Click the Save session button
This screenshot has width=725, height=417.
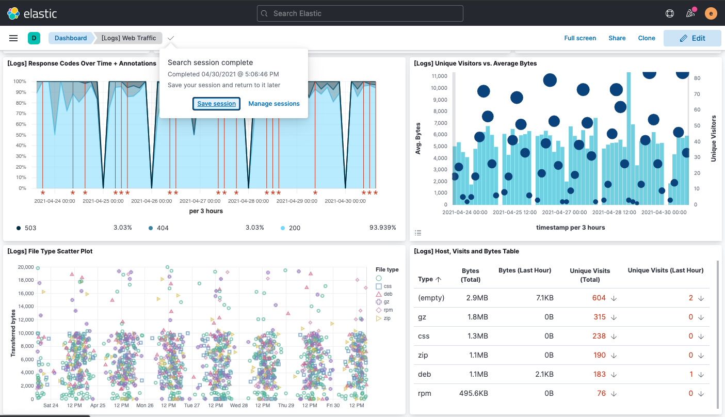click(x=217, y=104)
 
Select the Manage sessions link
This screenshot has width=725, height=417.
click(x=274, y=104)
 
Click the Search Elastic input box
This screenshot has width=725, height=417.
click(x=360, y=13)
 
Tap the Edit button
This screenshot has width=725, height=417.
click(x=692, y=38)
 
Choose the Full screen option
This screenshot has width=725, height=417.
click(x=580, y=38)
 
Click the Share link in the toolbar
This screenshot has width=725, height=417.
click(x=617, y=38)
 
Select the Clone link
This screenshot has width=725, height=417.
click(x=647, y=38)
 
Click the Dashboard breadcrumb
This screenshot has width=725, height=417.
click(x=71, y=38)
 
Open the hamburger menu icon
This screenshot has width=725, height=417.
click(x=14, y=38)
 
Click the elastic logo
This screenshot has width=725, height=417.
click(x=32, y=13)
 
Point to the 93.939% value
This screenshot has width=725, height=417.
click(x=383, y=227)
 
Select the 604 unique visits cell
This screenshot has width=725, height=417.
click(x=599, y=298)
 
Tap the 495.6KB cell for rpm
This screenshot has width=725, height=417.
click(x=473, y=393)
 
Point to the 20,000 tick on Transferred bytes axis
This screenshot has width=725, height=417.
click(x=25, y=267)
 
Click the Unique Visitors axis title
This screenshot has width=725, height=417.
click(x=714, y=138)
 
